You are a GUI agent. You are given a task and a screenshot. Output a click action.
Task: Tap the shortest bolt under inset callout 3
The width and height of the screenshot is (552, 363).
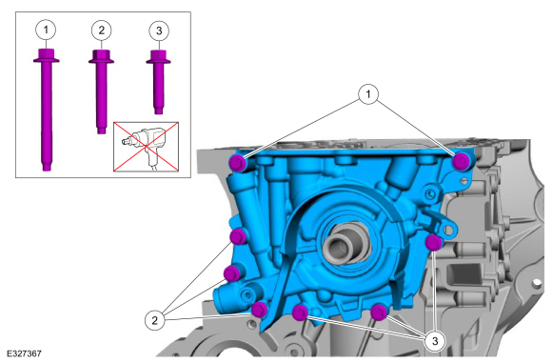click(x=157, y=81)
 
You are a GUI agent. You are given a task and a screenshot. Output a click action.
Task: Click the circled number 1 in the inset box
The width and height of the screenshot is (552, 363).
click(x=46, y=29)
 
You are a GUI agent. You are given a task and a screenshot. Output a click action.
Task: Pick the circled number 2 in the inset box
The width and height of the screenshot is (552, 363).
click(x=100, y=29)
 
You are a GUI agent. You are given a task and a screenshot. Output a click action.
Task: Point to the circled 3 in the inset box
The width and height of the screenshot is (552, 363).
click(x=157, y=29)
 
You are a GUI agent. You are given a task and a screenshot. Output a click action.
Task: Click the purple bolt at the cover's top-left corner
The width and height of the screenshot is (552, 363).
click(x=238, y=163)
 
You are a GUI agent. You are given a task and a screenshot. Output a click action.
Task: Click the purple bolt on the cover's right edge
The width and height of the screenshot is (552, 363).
click(x=434, y=242)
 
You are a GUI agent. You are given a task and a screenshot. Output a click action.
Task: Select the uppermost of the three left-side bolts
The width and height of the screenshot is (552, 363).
click(x=239, y=235)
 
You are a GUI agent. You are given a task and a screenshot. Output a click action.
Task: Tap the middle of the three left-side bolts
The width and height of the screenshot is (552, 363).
click(x=231, y=273)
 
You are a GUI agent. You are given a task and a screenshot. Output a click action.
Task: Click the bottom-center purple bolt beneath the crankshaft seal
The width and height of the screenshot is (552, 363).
click(x=300, y=313)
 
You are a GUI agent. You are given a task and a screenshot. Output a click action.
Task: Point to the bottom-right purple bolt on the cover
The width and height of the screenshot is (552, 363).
click(x=378, y=311)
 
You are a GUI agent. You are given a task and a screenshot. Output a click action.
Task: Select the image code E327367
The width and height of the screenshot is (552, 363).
click(x=23, y=353)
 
